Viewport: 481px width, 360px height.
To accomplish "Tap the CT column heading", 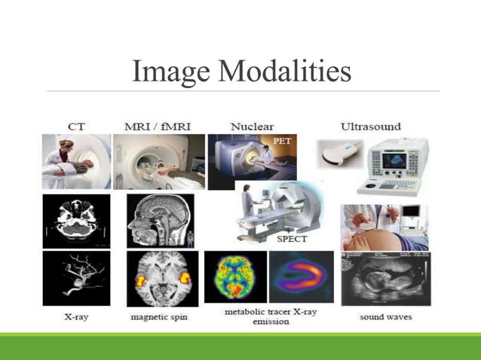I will pyautogui.click(x=76, y=126).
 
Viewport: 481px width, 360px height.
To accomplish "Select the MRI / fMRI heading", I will pyautogui.click(x=158, y=126).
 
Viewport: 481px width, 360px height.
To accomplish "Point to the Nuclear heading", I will pyautogui.click(x=252, y=126).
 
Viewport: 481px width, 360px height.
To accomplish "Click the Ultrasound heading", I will pyautogui.click(x=370, y=126).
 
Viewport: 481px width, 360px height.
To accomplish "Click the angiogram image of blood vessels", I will pyautogui.click(x=76, y=277).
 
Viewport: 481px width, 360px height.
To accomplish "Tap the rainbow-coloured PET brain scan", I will pyautogui.click(x=235, y=276).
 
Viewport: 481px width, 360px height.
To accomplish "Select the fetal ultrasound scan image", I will pyautogui.click(x=384, y=279).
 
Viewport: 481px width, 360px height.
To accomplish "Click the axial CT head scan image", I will pyautogui.click(x=76, y=221).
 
